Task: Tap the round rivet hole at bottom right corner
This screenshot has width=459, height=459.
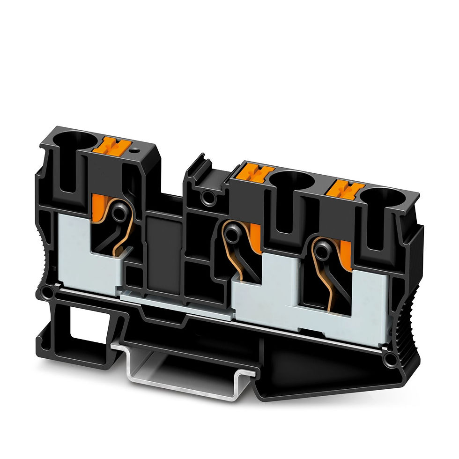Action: (388, 359)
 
